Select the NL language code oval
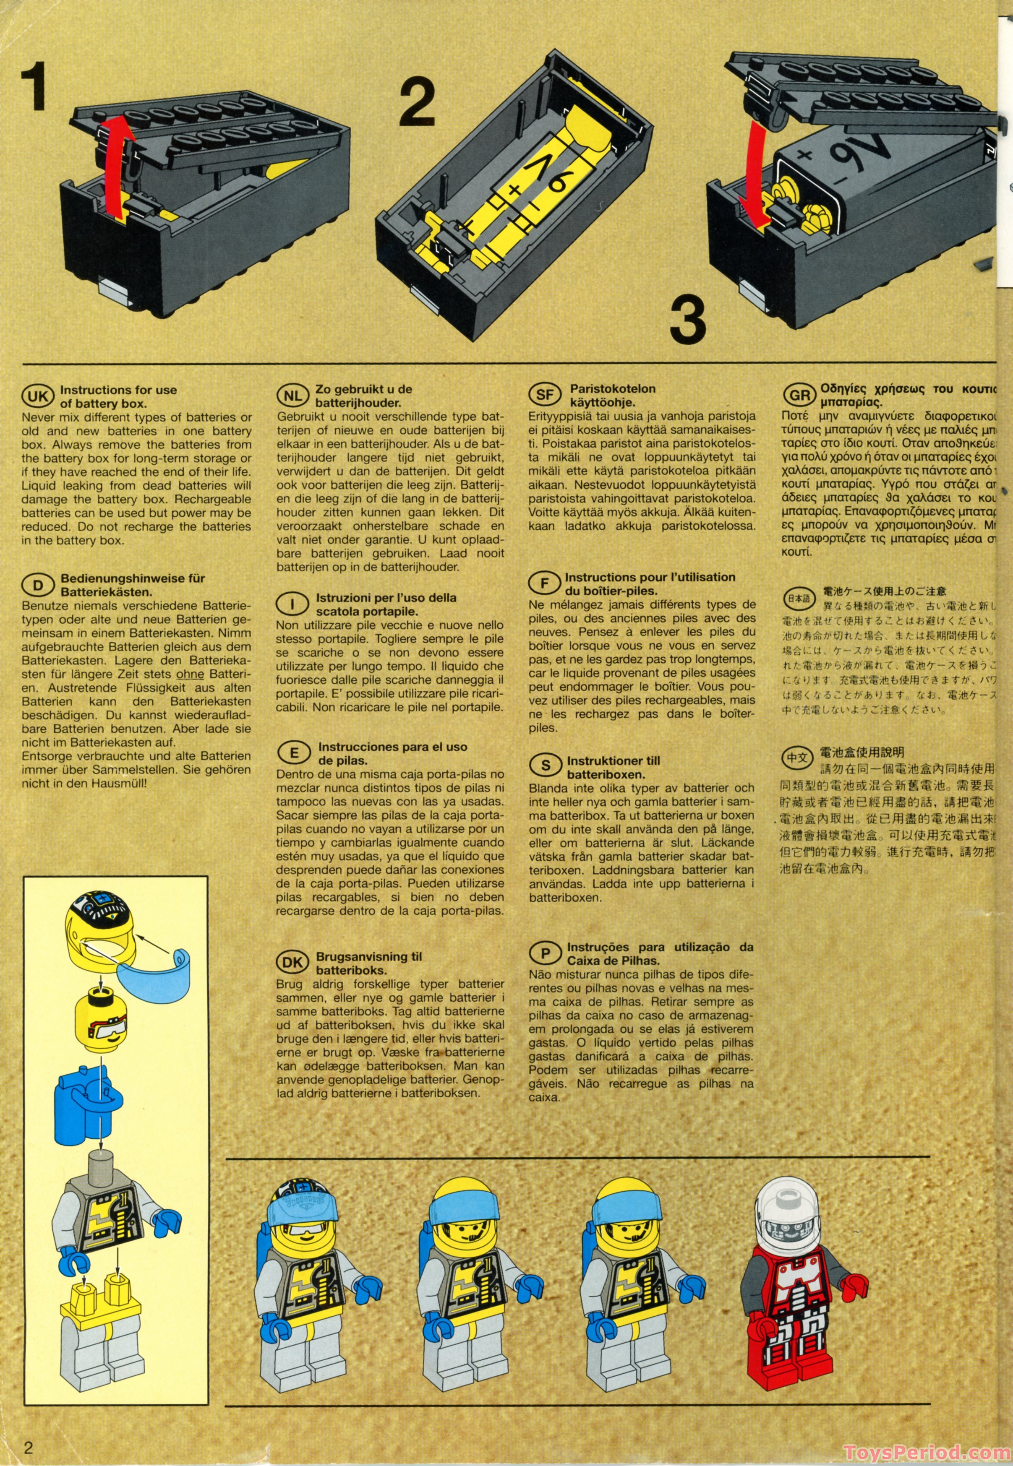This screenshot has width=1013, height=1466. [292, 396]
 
